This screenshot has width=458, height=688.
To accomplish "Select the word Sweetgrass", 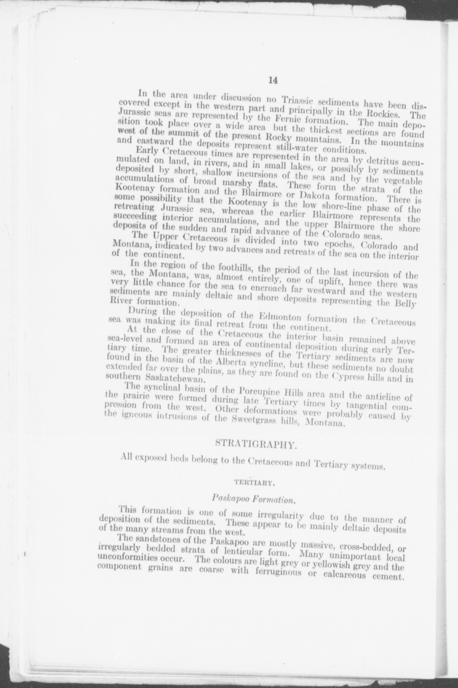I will pyautogui.click(x=278, y=422).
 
